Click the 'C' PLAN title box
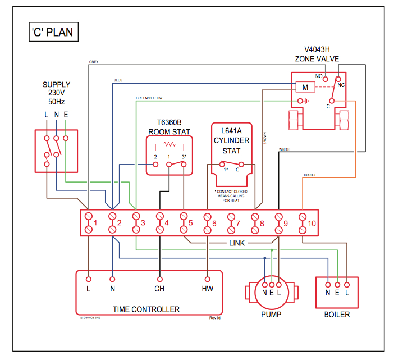click(x=51, y=32)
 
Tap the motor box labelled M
click(x=305, y=88)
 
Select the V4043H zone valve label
click(x=317, y=54)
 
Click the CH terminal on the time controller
click(x=159, y=289)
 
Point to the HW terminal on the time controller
click(x=207, y=289)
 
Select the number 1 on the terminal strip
click(x=96, y=224)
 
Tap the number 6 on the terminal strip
click(x=214, y=224)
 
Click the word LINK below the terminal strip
click(x=236, y=243)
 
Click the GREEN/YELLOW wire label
click(x=149, y=98)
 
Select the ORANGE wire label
click(x=309, y=175)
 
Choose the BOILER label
click(x=337, y=315)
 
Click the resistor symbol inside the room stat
click(x=169, y=146)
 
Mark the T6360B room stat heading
click(x=169, y=126)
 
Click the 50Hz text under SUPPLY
click(x=57, y=102)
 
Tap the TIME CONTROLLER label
click(x=146, y=309)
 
